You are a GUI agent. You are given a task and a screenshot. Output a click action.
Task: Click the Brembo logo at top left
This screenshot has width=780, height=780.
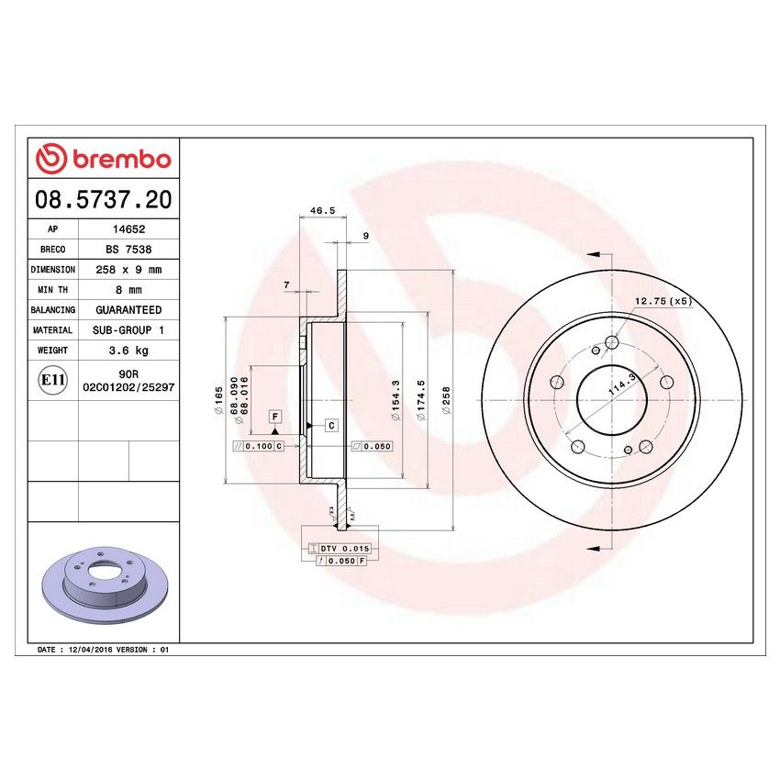tap(104, 160)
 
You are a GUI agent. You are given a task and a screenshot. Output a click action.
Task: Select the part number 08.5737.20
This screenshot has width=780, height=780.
tap(104, 199)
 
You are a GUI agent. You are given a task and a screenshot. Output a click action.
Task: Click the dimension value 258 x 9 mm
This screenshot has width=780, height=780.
tap(127, 270)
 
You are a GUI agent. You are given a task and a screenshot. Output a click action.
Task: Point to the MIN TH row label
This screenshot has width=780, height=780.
tap(52, 290)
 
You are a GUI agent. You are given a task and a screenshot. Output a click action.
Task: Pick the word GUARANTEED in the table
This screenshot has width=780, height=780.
tap(127, 310)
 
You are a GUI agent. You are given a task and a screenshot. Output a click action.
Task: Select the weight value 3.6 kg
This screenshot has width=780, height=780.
tap(127, 351)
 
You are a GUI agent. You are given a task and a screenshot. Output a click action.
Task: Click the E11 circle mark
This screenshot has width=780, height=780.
tap(52, 379)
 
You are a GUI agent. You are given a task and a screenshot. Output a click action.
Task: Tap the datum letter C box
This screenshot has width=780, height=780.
tap(330, 425)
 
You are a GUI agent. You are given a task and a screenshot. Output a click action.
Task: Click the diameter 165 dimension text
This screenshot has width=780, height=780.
tap(218, 399)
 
